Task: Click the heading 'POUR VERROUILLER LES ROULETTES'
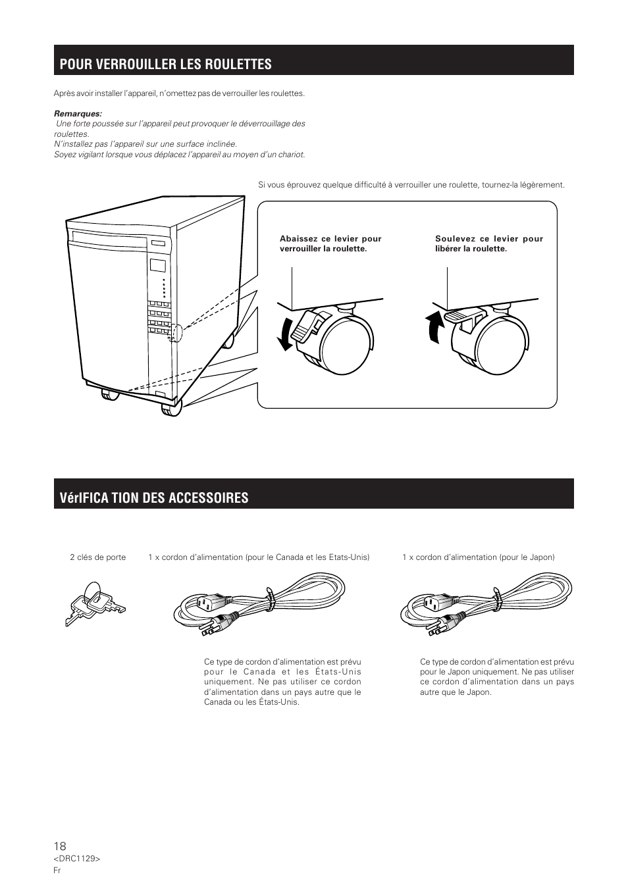click(165, 64)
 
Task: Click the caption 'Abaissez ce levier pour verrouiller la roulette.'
click(330, 243)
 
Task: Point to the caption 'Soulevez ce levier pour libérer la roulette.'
click(488, 243)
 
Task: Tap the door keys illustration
click(95, 603)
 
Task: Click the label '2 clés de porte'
click(98, 557)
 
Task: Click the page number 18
click(60, 846)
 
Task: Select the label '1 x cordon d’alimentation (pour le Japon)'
click(479, 557)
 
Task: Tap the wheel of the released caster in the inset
click(502, 345)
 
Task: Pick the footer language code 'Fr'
click(57, 870)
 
